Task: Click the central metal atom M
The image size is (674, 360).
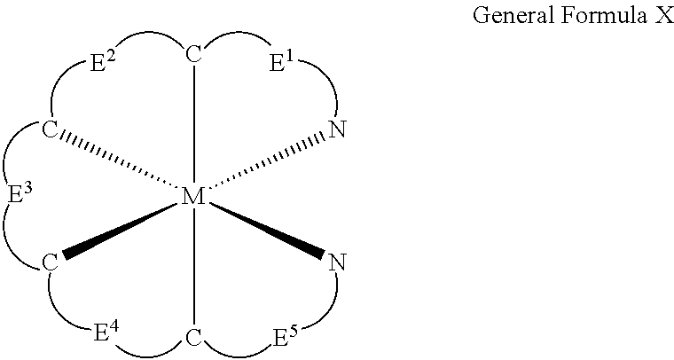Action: pyautogui.click(x=193, y=198)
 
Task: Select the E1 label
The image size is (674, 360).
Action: pyautogui.click(x=281, y=63)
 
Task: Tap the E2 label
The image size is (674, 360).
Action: pyautogui.click(x=102, y=63)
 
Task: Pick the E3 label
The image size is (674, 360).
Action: pyautogui.click(x=20, y=195)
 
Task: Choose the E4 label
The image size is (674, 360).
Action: pyautogui.click(x=106, y=333)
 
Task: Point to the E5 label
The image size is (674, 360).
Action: pyautogui.click(x=286, y=336)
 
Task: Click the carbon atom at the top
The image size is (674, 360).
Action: pyautogui.click(x=194, y=55)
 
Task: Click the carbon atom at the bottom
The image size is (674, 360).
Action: pyautogui.click(x=194, y=338)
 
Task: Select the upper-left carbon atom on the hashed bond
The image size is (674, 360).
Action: pyautogui.click(x=50, y=129)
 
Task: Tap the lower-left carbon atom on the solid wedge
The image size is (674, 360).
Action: pyautogui.click(x=50, y=262)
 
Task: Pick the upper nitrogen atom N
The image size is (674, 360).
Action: pyautogui.click(x=337, y=129)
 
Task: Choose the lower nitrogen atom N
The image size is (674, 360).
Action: pyautogui.click(x=337, y=262)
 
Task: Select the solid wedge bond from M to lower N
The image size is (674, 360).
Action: pyautogui.click(x=267, y=231)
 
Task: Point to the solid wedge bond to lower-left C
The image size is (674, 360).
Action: pyautogui.click(x=121, y=231)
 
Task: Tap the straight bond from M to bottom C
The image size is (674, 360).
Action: pyautogui.click(x=194, y=268)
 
